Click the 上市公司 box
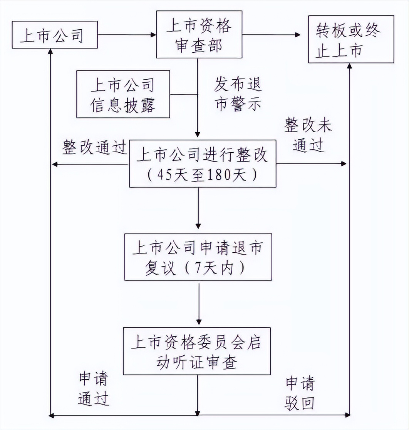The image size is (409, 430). coord(54,35)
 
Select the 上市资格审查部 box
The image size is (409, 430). coord(199,34)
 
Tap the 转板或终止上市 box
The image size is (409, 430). coord(351,39)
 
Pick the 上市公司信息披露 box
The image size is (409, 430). coord(123,94)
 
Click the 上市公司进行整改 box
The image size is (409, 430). coord(203,163)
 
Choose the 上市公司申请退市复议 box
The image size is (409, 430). coord(198,257)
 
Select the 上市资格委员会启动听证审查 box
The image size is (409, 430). coord(196,351)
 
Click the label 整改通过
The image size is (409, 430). coord(95,147)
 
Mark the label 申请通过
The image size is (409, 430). coord(94,389)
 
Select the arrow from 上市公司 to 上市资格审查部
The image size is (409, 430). coord(127,35)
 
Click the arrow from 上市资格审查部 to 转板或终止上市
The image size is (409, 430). coord(271,35)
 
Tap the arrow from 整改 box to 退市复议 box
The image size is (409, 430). coord(198,210)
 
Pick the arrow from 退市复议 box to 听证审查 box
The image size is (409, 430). coord(199,304)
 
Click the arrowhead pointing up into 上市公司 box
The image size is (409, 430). coord(50,52)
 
